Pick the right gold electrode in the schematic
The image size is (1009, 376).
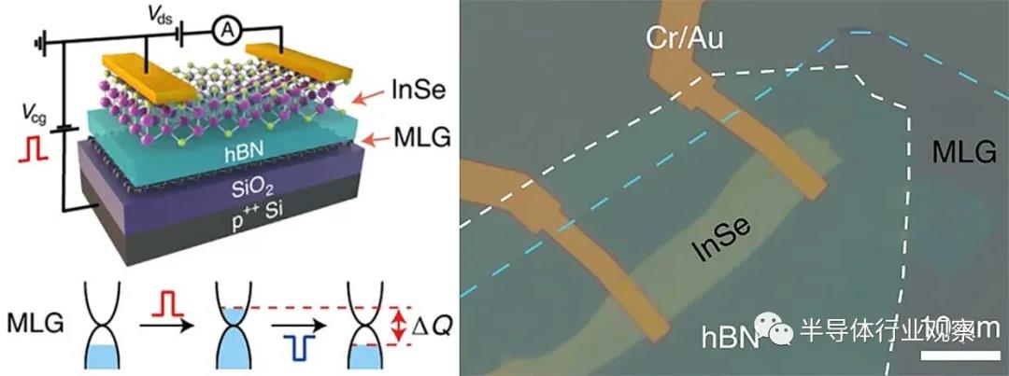pos(298,57)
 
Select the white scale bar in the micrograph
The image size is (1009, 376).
pos(960,356)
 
